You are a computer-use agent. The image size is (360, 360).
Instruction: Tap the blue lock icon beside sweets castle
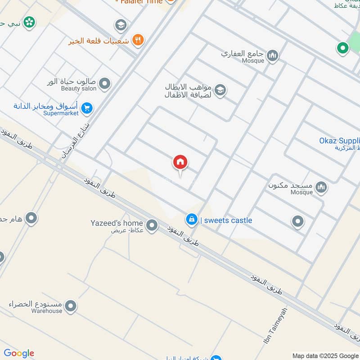click(191, 220)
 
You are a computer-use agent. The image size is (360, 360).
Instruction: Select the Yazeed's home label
click(117, 223)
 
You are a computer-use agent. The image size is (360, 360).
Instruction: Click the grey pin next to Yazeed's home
click(152, 225)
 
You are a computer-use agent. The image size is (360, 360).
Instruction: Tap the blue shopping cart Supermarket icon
click(88, 108)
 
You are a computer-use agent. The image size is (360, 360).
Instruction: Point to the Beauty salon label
click(79, 89)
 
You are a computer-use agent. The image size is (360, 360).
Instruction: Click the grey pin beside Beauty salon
click(104, 84)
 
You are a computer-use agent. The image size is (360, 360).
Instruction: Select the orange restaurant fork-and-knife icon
click(139, 40)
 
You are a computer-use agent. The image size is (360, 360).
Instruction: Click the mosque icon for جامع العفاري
click(272, 56)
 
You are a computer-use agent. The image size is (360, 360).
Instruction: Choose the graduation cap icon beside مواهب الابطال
click(220, 90)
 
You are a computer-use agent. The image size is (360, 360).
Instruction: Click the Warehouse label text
click(47, 311)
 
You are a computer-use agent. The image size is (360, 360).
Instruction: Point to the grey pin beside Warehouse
click(71, 307)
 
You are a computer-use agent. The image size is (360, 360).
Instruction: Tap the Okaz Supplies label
click(339, 140)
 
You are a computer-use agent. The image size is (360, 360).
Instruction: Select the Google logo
click(18, 353)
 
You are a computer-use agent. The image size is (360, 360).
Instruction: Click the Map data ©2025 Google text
click(325, 355)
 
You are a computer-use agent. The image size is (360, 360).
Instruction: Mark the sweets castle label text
click(226, 220)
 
